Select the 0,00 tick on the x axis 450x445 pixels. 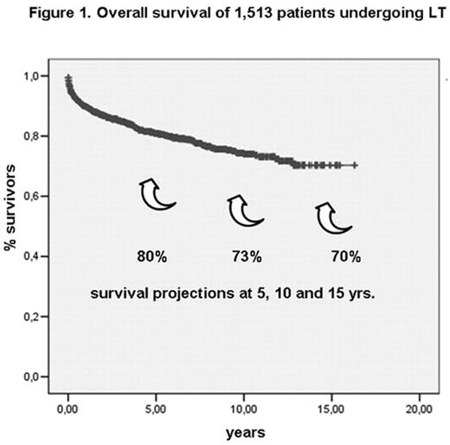(68, 407)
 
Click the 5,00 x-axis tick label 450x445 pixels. (156, 407)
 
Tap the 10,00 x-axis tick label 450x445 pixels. (244, 407)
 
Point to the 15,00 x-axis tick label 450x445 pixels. (331, 407)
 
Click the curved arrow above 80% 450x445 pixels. (157, 193)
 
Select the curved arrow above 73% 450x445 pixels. (244, 210)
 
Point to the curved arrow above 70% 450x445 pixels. (332, 217)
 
